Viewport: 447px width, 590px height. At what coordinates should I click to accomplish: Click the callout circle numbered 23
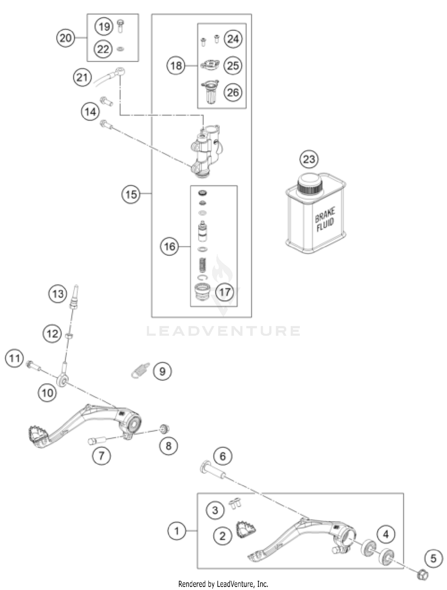pyautogui.click(x=309, y=159)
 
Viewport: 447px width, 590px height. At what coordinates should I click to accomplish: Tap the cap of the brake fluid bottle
pyautogui.click(x=310, y=184)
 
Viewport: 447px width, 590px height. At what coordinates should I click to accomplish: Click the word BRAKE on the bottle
pyautogui.click(x=325, y=215)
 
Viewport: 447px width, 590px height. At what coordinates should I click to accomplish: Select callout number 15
pyautogui.click(x=131, y=194)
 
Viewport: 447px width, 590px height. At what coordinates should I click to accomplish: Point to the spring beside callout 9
pyautogui.click(x=141, y=371)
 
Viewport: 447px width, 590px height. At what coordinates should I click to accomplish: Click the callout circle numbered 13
pyautogui.click(x=58, y=294)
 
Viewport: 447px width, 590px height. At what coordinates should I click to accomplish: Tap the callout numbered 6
pyautogui.click(x=222, y=456)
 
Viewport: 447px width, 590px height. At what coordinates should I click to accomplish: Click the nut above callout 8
pyautogui.click(x=164, y=429)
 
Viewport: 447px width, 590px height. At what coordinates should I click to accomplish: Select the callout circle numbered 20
pyautogui.click(x=66, y=38)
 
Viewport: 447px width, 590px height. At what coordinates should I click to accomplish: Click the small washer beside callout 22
pyautogui.click(x=121, y=49)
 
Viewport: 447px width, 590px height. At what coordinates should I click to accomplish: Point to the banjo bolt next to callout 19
pyautogui.click(x=121, y=26)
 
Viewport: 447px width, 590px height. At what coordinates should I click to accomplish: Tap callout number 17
pyautogui.click(x=224, y=292)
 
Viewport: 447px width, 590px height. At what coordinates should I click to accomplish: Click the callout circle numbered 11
pyautogui.click(x=14, y=358)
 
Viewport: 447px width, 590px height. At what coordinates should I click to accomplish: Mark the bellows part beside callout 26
pyautogui.click(x=210, y=92)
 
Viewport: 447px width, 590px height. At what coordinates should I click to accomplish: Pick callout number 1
pyautogui.click(x=176, y=531)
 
